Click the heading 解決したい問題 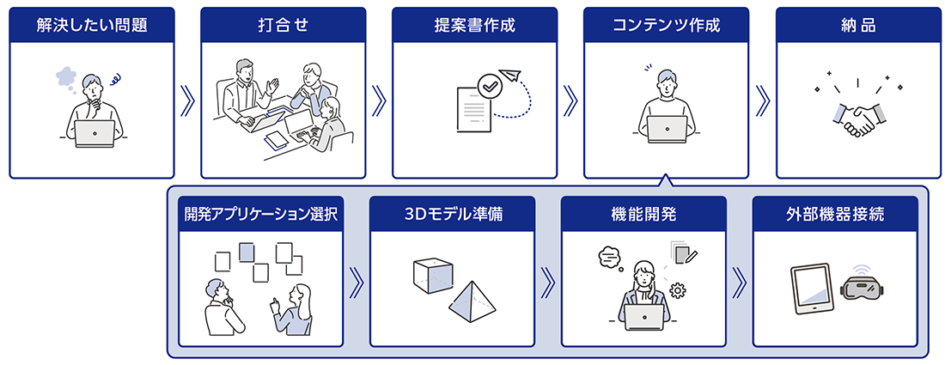[x=92, y=25]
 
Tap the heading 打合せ [x=283, y=25]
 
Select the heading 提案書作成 [x=475, y=25]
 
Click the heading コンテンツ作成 [x=667, y=25]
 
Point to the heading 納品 [x=858, y=25]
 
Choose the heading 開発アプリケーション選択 [x=259, y=214]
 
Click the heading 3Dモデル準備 [x=452, y=214]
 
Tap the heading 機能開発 [x=643, y=214]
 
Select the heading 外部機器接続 [x=835, y=214]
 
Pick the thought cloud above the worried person [x=67, y=76]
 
